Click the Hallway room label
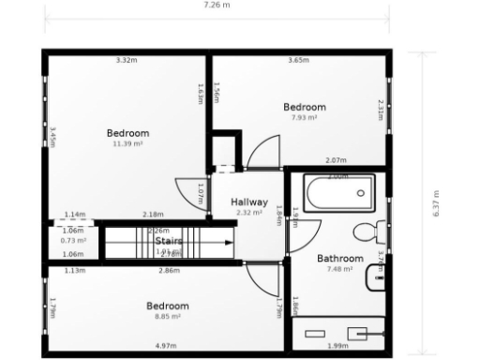point(250,202)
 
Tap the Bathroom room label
point(339,258)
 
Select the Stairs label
point(169,241)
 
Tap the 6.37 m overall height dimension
point(436,202)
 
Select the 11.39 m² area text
point(127,144)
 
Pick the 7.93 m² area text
point(305,118)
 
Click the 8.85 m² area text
point(168,317)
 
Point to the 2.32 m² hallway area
point(250,213)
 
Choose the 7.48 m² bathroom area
point(339,269)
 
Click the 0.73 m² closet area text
point(73,241)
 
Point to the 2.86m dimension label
point(169,271)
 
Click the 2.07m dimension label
point(337,160)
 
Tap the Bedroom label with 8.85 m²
point(168,306)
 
